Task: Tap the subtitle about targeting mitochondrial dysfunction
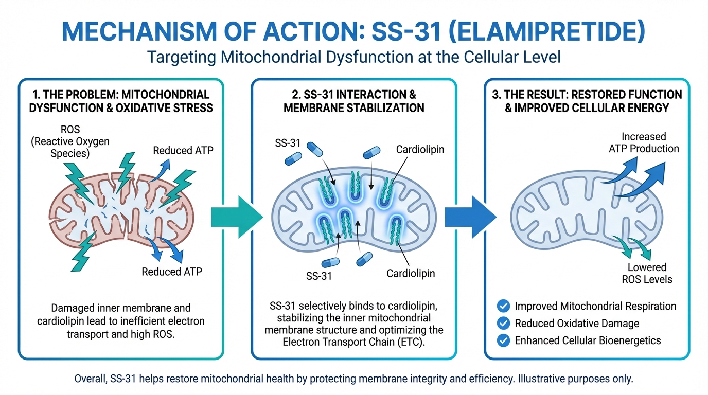pos(353,56)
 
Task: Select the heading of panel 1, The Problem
pos(121,101)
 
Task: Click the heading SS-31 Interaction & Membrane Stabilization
pos(353,101)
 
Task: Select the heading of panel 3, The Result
pos(587,101)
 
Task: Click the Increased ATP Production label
pos(643,143)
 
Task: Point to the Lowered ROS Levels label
pos(647,274)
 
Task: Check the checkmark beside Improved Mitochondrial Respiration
pos(503,306)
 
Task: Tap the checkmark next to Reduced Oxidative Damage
pos(503,323)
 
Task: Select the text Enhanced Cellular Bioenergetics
pos(588,340)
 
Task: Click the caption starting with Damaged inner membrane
pos(121,321)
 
